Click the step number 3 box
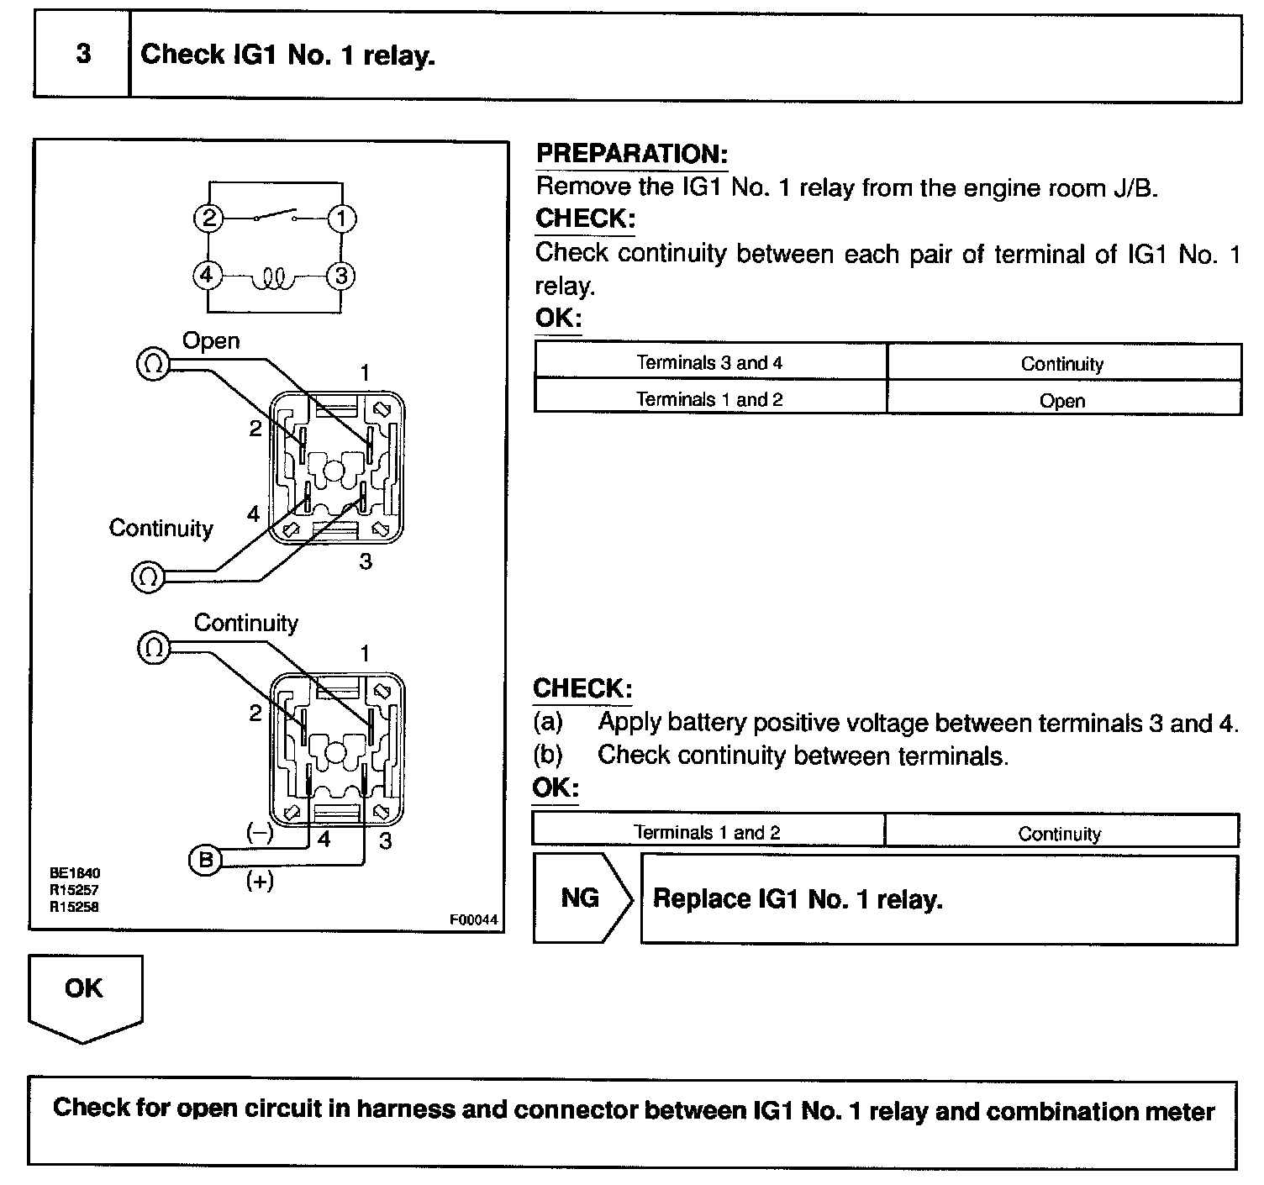point(82,55)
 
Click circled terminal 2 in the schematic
point(208,219)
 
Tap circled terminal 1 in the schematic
point(341,219)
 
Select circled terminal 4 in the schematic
point(208,275)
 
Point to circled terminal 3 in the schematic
point(341,275)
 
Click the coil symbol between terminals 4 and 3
point(275,277)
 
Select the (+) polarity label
point(260,882)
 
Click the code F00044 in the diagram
point(473,920)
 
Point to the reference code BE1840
point(75,873)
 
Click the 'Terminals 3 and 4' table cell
point(709,363)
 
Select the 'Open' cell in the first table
point(1062,400)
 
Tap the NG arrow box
point(582,898)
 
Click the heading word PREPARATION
point(631,155)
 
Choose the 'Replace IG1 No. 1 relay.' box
point(938,899)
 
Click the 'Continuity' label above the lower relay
point(245,623)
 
